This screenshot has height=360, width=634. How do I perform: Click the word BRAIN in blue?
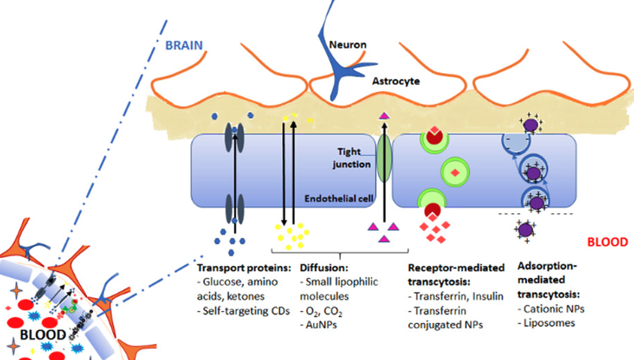[183, 46]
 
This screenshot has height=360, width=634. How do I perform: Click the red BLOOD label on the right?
[608, 242]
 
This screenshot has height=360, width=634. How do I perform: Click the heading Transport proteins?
[239, 268]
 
